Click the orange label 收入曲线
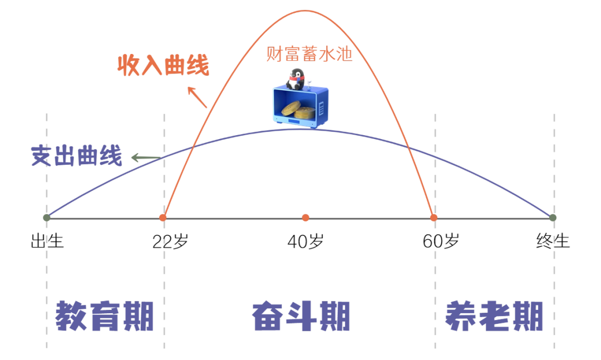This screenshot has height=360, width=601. (163, 65)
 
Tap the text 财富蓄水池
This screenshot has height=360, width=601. (309, 55)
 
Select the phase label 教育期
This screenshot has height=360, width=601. (105, 317)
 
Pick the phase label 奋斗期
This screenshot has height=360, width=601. (300, 317)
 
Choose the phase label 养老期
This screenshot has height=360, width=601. (494, 317)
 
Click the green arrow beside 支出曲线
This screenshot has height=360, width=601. (145, 159)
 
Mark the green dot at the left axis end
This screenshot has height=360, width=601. (47, 218)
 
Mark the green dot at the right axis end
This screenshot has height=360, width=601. (553, 218)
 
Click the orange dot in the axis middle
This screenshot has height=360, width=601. (306, 218)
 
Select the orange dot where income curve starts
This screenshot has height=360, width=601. (163, 218)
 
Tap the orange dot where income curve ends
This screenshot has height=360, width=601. (434, 218)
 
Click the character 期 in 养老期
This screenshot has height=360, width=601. (528, 317)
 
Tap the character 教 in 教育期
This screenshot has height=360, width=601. (71, 317)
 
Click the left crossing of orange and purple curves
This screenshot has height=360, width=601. (192, 147)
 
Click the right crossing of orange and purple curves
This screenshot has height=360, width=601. (409, 147)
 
